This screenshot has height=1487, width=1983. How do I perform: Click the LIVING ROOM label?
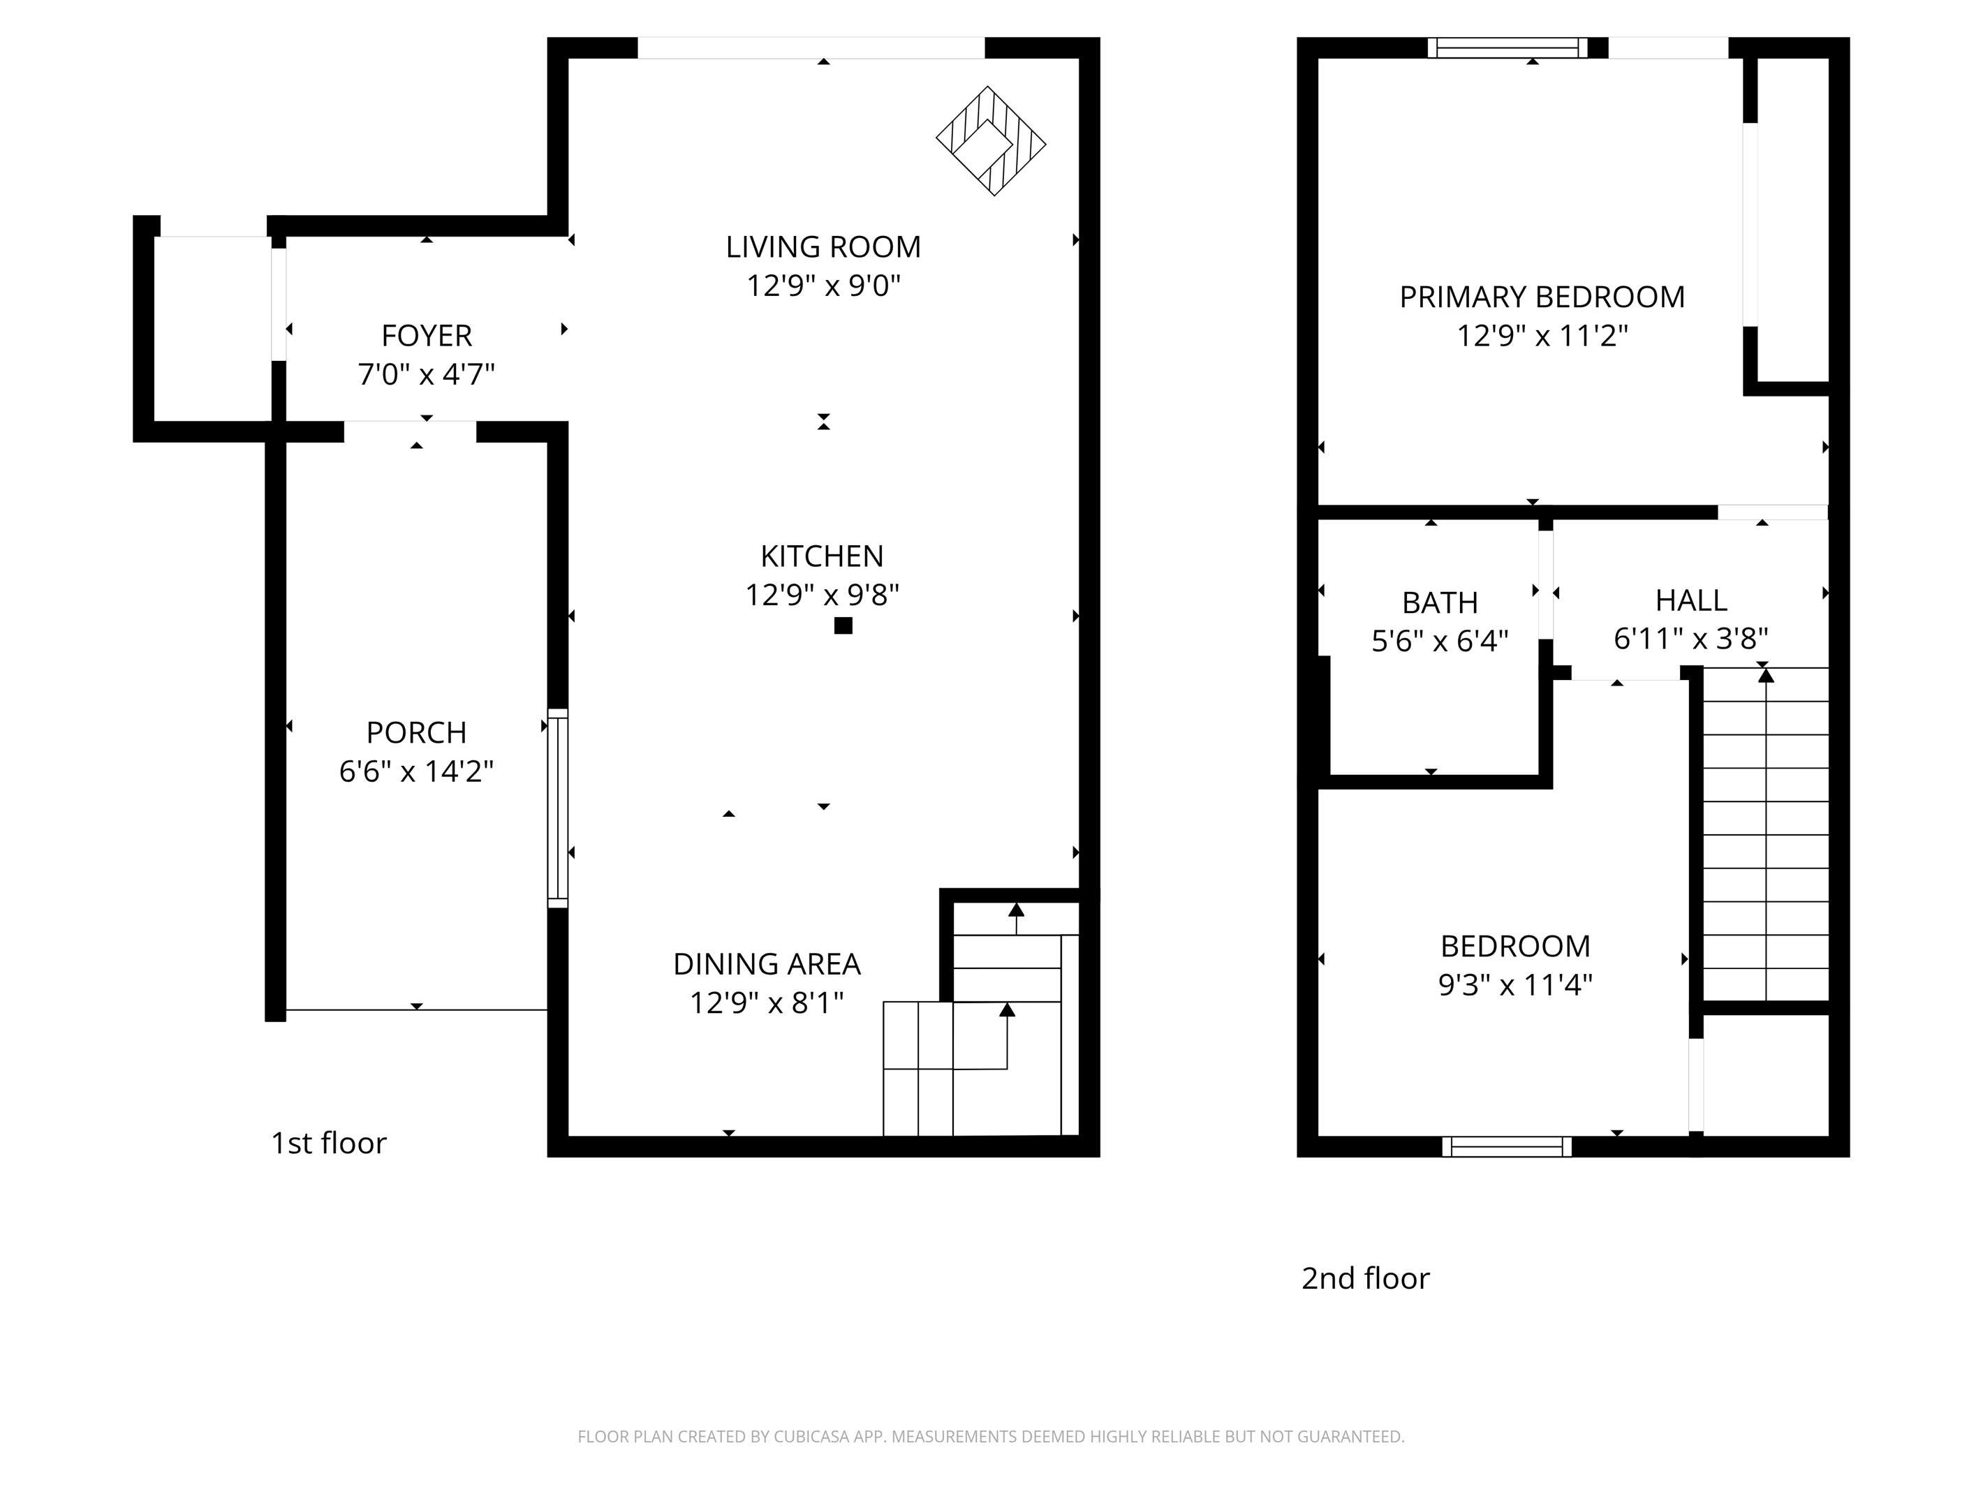(x=823, y=246)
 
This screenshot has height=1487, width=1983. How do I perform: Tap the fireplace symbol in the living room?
(x=991, y=141)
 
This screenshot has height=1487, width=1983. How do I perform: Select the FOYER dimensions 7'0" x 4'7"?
(x=426, y=373)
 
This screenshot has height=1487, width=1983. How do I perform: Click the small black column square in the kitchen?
(x=843, y=626)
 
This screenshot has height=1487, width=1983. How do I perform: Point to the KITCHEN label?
(x=821, y=556)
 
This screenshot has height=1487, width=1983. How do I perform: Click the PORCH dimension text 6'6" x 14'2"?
(x=416, y=771)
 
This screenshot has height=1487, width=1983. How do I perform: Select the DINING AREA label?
(x=767, y=963)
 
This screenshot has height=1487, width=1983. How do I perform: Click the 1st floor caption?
(x=328, y=1143)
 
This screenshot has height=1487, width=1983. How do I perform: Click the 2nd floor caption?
(x=1364, y=1278)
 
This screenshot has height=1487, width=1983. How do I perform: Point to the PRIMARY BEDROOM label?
(x=1541, y=297)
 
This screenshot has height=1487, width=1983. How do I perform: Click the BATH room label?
(x=1440, y=602)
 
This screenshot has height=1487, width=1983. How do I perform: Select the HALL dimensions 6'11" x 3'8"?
(x=1690, y=638)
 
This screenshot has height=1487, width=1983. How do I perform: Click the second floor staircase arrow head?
(x=1765, y=675)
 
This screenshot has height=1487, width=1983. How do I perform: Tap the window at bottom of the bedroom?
(x=1506, y=1146)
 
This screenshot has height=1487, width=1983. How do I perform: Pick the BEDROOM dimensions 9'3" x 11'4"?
(x=1514, y=985)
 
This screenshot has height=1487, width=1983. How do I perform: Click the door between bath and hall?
(x=1545, y=585)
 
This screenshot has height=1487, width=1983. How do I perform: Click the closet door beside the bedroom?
(x=1695, y=1086)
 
